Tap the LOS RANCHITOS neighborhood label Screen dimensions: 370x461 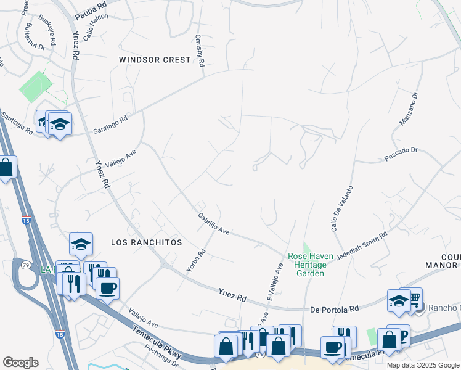146,242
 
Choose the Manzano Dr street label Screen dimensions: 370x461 409,109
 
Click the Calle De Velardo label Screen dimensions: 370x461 342,208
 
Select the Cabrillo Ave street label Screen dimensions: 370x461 214,223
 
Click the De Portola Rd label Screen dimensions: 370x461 334,308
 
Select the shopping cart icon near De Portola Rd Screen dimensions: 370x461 414,298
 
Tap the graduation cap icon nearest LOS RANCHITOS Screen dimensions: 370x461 81,244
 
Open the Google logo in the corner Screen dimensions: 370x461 21,363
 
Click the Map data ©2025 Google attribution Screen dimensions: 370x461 423,365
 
